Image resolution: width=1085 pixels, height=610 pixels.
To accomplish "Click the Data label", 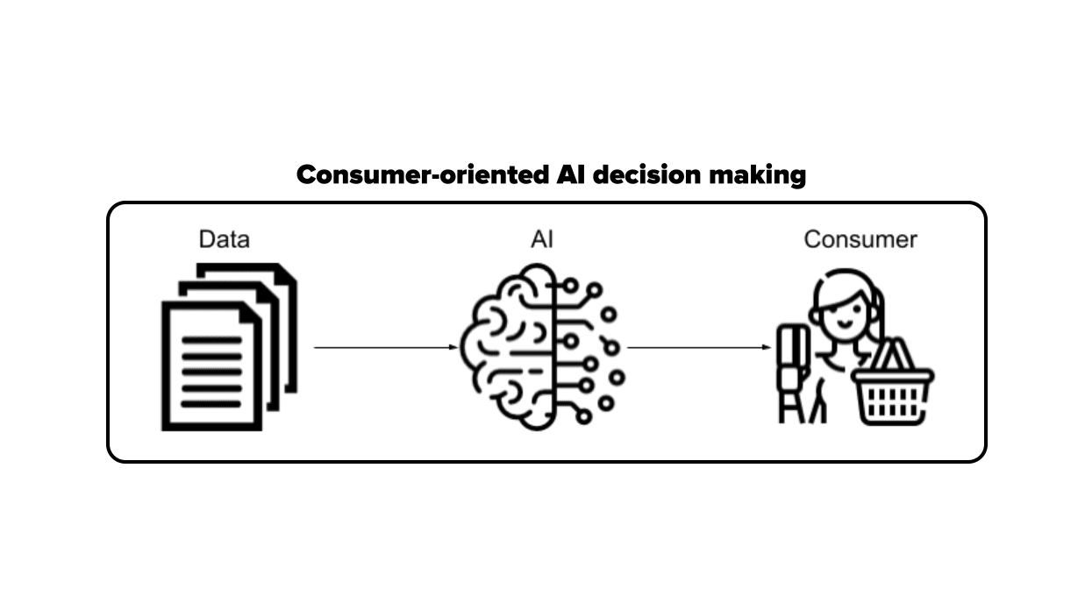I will (224, 239).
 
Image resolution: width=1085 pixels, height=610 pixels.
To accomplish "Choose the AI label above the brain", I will (542, 239).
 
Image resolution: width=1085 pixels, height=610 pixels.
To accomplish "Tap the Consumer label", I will (860, 239).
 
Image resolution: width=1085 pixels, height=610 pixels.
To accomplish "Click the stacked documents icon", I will (228, 346).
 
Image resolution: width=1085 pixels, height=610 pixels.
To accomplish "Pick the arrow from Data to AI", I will (384, 348).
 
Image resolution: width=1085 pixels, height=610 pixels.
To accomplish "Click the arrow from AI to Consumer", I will (698, 348).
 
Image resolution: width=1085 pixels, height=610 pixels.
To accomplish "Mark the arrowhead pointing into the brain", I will (453, 348).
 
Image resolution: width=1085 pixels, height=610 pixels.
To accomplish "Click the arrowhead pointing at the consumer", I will (767, 348).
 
